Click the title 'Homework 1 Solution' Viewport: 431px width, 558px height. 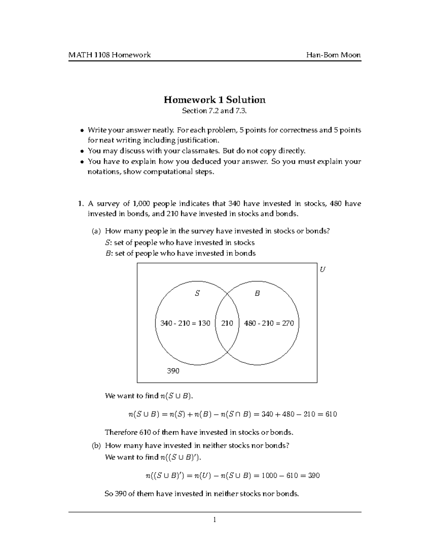(215, 100)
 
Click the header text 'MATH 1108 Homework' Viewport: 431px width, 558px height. (110, 55)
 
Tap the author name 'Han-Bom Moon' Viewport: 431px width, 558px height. (333, 55)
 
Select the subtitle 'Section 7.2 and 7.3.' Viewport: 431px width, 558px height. (215, 111)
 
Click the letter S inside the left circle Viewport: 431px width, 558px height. (197, 294)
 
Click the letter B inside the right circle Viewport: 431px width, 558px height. (257, 294)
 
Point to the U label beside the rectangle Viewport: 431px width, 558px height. (322, 269)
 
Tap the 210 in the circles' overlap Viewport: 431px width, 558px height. (227, 323)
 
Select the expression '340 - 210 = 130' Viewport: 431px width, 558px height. (185, 323)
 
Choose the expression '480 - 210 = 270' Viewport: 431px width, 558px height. (269, 323)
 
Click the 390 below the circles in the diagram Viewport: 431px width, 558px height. (173, 371)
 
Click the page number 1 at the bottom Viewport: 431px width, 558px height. (214, 520)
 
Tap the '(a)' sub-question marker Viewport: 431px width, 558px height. (96, 231)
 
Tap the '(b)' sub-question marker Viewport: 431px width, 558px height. (96, 446)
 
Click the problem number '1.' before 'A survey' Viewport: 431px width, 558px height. (80, 204)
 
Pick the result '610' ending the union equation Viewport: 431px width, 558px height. (331, 414)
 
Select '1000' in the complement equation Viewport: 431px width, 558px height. (269, 476)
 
